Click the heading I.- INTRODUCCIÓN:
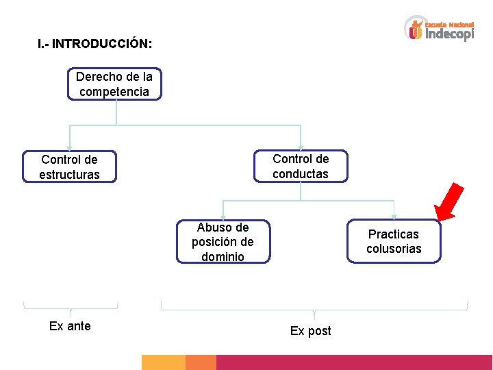(x=95, y=44)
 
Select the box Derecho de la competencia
(x=114, y=84)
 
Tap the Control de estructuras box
(x=69, y=166)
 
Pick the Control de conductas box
(x=301, y=166)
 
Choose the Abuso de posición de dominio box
(x=223, y=242)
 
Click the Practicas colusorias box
(x=394, y=241)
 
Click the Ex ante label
(x=70, y=326)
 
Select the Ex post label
(x=310, y=331)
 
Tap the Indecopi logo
(x=439, y=29)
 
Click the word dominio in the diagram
(x=223, y=257)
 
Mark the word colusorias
(x=394, y=249)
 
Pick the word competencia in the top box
(x=114, y=91)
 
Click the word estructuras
(x=69, y=175)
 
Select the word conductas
(x=301, y=174)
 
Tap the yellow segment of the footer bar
(x=163, y=362)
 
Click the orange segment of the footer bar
(x=201, y=362)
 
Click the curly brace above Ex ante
(x=71, y=307)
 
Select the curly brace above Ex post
(x=314, y=308)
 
